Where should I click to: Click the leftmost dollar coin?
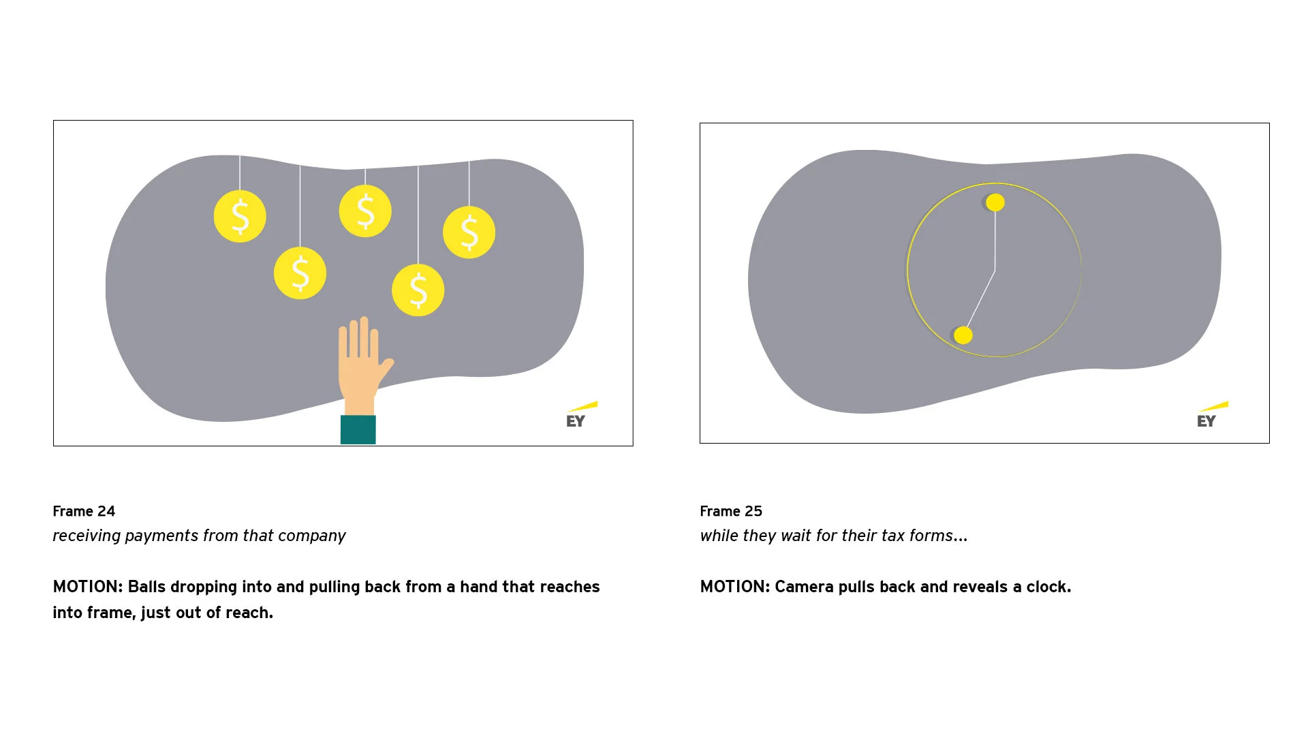(x=240, y=216)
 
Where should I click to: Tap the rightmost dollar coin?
(x=469, y=232)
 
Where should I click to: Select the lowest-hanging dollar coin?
(x=418, y=290)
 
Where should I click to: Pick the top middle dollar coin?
(x=365, y=211)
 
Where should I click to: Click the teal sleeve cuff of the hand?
(x=358, y=429)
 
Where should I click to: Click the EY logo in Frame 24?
(x=577, y=416)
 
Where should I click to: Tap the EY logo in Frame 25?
(x=1208, y=416)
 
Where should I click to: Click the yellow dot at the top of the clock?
(x=995, y=202)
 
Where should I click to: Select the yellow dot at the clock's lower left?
(x=963, y=335)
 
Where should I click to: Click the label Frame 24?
(x=84, y=511)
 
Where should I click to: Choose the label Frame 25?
(x=731, y=511)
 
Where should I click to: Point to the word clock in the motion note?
(x=1048, y=587)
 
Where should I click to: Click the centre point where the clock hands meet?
(x=995, y=271)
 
